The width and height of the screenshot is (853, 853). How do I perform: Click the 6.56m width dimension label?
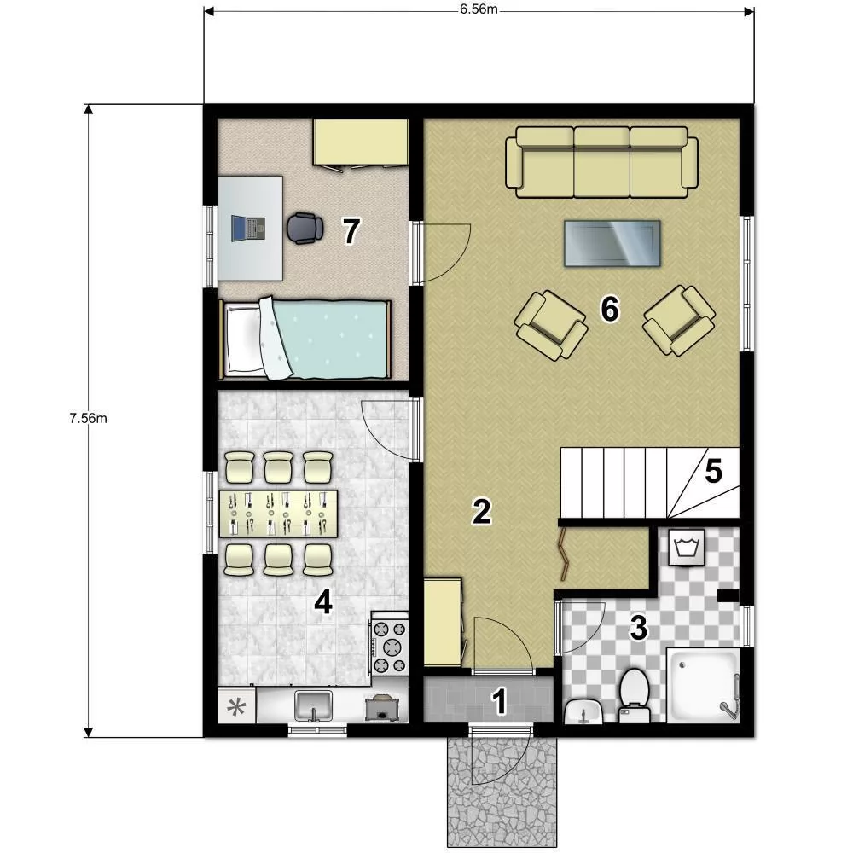479,9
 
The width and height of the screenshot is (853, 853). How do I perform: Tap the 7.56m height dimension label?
88,418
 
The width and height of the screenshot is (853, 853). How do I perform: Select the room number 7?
351,231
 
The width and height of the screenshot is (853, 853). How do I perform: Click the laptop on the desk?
248,228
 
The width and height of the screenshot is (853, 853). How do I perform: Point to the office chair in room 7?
305,228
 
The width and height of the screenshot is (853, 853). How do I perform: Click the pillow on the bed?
242,339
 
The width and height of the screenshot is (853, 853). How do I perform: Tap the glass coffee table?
612,243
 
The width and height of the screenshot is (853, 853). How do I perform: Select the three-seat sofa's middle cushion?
601,163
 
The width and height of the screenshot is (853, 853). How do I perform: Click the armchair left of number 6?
550,325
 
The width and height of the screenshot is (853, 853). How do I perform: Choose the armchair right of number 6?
679,321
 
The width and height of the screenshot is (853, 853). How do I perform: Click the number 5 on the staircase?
713,471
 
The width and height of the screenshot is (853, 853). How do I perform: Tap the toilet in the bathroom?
635,696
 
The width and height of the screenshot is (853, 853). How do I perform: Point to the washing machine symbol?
687,548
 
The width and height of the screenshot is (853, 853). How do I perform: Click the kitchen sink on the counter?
313,706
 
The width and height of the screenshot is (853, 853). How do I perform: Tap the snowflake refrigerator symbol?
236,707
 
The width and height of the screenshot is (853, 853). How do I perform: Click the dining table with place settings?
278,514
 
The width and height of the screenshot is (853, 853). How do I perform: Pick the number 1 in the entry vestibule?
499,701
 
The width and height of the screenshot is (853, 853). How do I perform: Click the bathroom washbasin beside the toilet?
583,711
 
